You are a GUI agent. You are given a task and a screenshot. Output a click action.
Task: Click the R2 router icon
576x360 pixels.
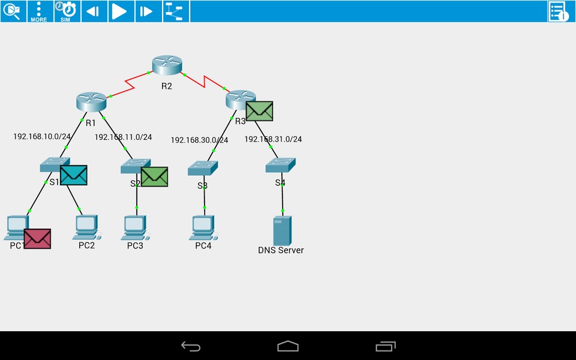coord(167,65)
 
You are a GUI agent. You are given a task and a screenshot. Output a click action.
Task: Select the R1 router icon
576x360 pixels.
coord(91,102)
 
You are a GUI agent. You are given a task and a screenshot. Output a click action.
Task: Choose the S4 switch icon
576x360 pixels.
coord(281,166)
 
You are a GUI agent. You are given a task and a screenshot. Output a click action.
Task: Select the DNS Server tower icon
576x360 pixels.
coord(282,230)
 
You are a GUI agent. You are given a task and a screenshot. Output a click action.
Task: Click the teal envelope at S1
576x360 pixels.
coord(74,175)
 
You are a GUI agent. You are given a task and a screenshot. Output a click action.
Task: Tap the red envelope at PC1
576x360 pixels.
coord(37,239)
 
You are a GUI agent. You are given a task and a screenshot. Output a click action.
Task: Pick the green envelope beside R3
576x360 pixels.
coord(259,111)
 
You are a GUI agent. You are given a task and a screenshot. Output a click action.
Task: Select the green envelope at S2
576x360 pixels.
coord(154,177)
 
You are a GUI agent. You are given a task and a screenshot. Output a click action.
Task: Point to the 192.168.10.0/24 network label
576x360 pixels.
coord(42,136)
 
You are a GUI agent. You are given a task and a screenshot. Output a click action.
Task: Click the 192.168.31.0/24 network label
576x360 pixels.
coord(273,139)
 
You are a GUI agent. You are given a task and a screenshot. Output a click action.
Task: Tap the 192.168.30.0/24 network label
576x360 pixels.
coord(199,140)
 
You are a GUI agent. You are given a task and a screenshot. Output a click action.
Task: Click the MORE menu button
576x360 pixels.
coord(40,11)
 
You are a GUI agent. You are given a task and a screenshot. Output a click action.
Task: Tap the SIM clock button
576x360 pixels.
coord(67,11)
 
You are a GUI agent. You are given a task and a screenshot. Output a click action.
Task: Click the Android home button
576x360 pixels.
coord(288,346)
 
